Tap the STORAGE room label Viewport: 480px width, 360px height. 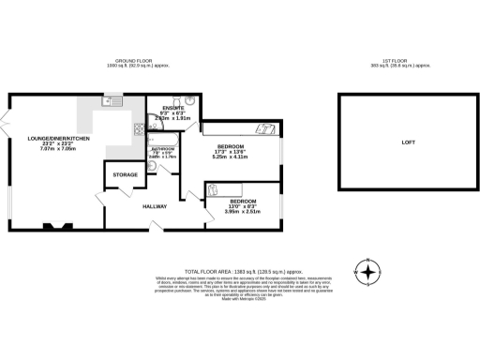[125, 175]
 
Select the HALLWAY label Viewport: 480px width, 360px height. [155, 206]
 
